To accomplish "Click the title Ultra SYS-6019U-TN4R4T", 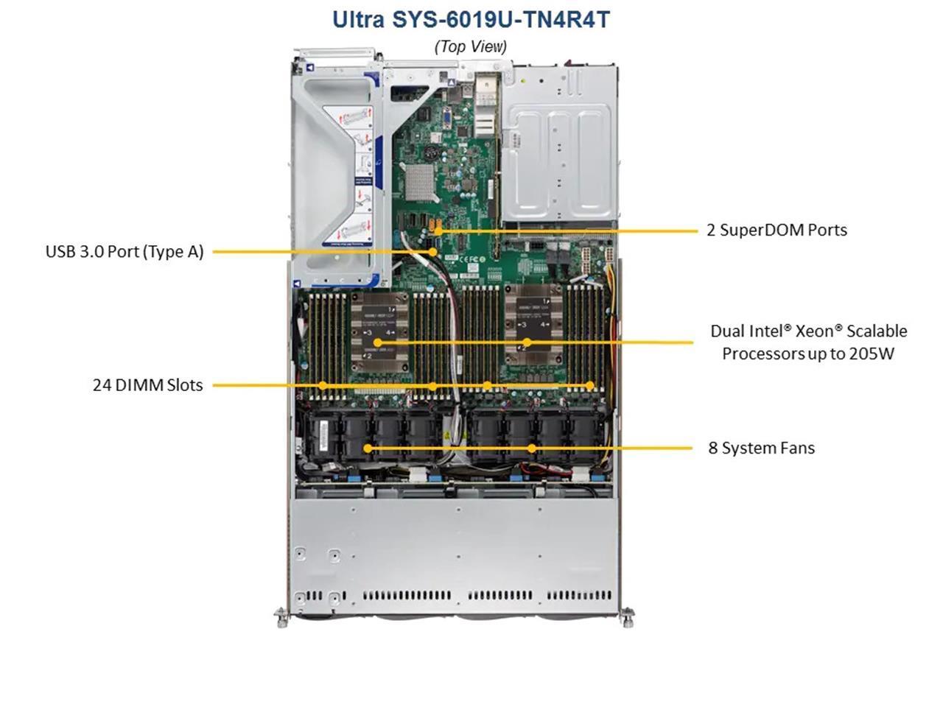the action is tap(471, 19).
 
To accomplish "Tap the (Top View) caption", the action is tap(471, 46).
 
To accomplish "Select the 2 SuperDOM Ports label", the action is tap(777, 230).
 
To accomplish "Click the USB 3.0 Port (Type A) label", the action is tap(125, 252).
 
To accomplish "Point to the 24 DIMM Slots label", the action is tap(148, 385).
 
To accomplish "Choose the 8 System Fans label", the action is tap(761, 448).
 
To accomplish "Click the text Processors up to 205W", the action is tap(808, 353).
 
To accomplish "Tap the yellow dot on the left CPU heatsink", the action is tap(377, 342).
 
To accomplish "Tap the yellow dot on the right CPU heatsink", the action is tap(527, 342).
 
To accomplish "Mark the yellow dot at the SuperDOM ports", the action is tap(438, 231).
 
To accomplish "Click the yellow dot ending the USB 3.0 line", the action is tap(433, 252).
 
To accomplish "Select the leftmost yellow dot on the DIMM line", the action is tap(323, 385).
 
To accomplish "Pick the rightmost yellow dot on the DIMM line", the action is tap(590, 385).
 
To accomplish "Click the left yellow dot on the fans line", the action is tap(368, 449).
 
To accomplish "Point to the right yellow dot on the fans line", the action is tap(531, 449).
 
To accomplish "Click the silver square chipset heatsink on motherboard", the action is tap(420, 182).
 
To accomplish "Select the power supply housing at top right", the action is tap(560, 144).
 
